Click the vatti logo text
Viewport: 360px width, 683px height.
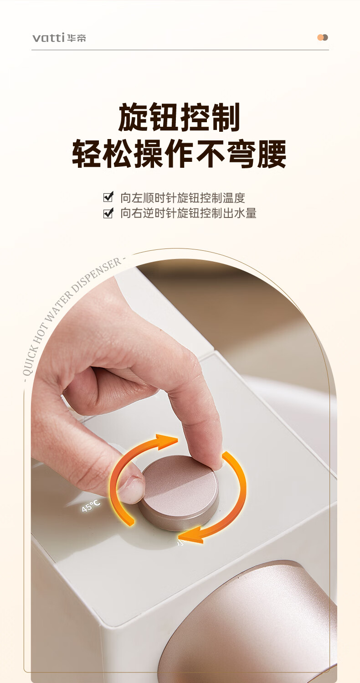pyautogui.click(x=48, y=37)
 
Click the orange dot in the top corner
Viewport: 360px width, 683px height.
pyautogui.click(x=320, y=37)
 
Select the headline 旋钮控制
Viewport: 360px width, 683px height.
pyautogui.click(x=179, y=117)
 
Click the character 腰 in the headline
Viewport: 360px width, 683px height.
pyautogui.click(x=272, y=154)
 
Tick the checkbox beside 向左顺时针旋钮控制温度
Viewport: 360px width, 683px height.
pyautogui.click(x=108, y=197)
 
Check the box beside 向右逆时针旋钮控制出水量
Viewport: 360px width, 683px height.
pyautogui.click(x=108, y=213)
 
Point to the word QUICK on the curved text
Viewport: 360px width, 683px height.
pyautogui.click(x=31, y=360)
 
